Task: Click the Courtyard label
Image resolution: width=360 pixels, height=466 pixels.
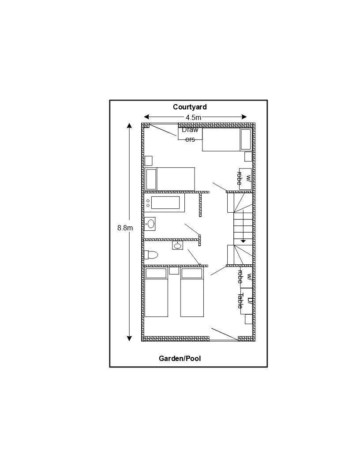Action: click(x=190, y=107)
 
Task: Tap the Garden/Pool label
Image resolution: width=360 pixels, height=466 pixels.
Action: click(x=180, y=358)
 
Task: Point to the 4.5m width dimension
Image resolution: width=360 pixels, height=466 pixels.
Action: click(x=194, y=117)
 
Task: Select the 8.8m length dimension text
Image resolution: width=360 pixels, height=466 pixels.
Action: click(x=125, y=228)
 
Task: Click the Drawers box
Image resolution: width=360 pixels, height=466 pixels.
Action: click(x=190, y=134)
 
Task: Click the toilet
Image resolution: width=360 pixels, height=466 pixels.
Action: click(x=151, y=255)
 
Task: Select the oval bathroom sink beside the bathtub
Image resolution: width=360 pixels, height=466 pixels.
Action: click(x=150, y=224)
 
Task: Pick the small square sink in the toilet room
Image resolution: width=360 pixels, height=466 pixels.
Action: click(x=178, y=245)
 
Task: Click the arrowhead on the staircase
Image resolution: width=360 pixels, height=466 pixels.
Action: click(x=243, y=241)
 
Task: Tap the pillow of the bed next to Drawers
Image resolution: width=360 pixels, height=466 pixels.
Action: click(x=245, y=139)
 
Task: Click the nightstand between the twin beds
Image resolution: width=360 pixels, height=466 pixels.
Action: click(x=174, y=271)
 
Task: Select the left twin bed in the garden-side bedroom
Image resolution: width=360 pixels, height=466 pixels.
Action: click(x=156, y=292)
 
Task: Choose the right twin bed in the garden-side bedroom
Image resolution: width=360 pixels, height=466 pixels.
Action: click(x=192, y=292)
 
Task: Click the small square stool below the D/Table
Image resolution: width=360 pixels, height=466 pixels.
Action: click(x=249, y=319)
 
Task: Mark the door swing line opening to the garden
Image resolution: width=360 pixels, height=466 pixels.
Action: click(x=225, y=334)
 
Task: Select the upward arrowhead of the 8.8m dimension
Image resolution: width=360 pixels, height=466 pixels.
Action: click(x=129, y=125)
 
